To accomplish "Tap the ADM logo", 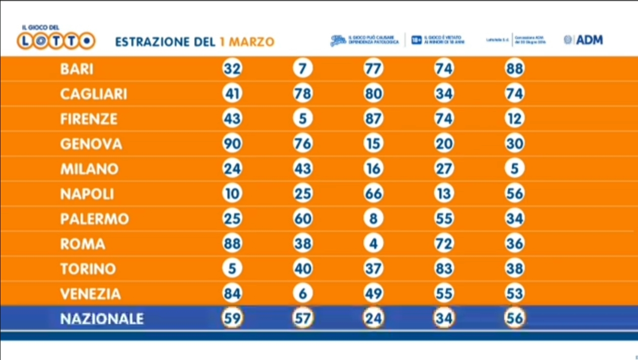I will [584, 40].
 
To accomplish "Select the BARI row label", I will [77, 69].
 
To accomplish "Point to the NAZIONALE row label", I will [102, 318].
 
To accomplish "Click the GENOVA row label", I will [91, 144].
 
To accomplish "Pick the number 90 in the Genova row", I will [232, 144].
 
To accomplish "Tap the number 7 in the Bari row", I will [303, 69].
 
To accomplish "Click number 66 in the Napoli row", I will [373, 194].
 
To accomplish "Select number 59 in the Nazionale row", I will [232, 318].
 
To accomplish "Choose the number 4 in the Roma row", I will [373, 244].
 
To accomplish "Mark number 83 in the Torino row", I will [444, 269].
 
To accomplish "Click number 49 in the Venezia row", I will [373, 294].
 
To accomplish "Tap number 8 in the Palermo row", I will [373, 219].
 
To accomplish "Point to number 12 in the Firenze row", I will [515, 119].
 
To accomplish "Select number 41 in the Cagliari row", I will [232, 94].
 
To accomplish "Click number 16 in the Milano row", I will [373, 169].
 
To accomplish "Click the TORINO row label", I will [88, 269].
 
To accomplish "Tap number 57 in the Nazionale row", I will [303, 318].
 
